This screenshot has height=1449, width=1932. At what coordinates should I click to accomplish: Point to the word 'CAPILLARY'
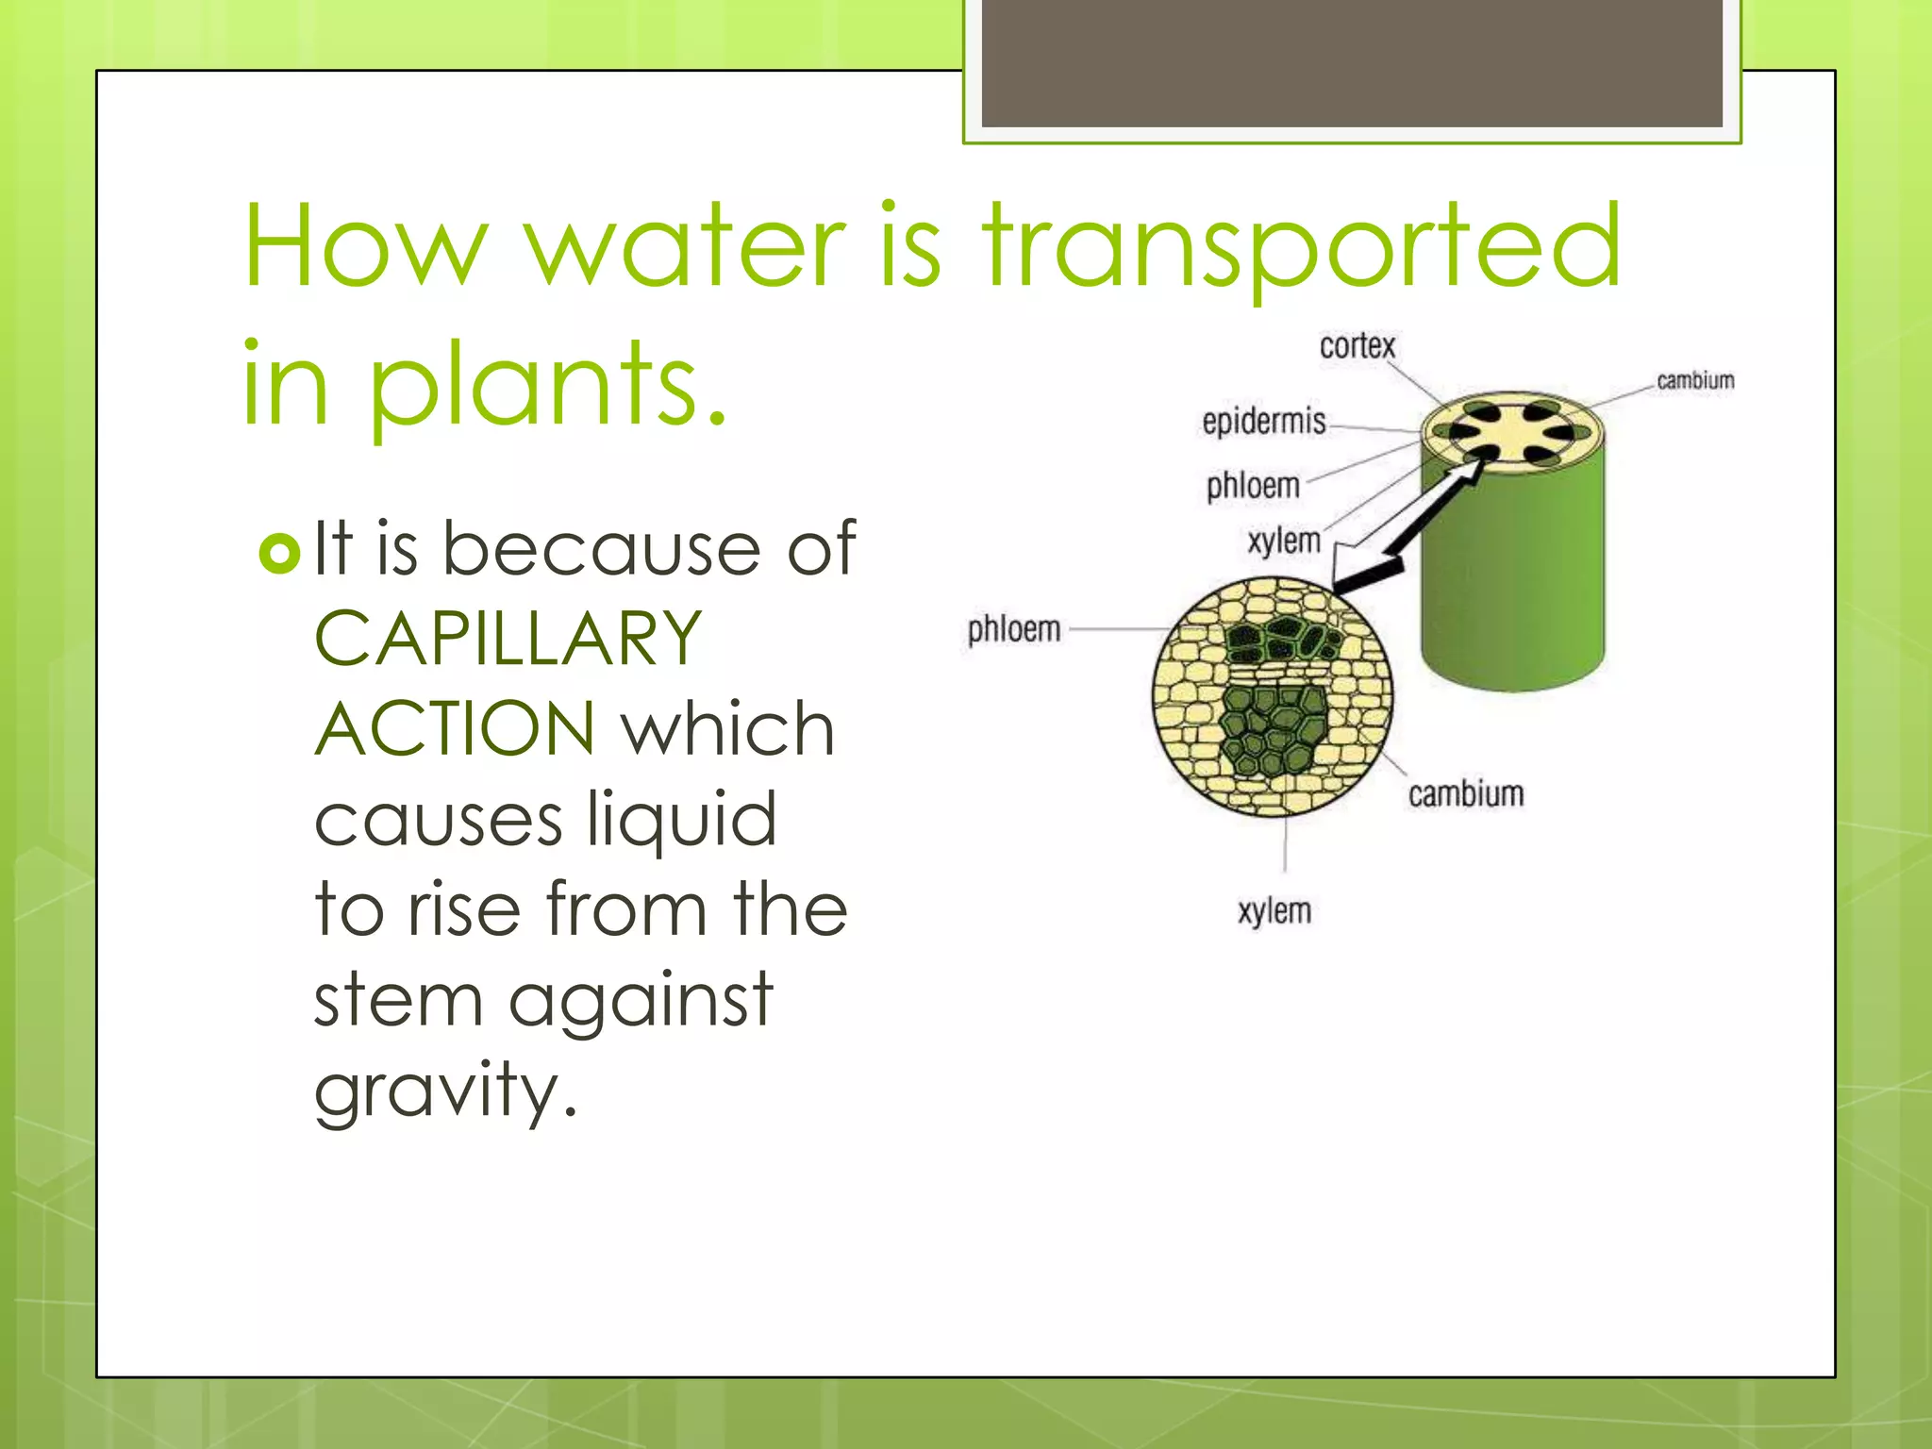508,639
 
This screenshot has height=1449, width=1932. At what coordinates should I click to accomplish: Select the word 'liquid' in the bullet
681,819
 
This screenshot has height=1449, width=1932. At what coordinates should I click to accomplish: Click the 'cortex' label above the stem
1357,346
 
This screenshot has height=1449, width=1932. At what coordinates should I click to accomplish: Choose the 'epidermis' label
1263,421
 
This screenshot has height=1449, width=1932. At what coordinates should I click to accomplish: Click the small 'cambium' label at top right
1695,380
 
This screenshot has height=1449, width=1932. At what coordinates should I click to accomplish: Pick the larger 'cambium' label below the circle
1466,794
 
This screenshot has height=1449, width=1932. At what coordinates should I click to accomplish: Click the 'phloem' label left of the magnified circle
1014,629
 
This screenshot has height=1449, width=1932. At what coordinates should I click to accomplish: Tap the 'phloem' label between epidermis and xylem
1253,486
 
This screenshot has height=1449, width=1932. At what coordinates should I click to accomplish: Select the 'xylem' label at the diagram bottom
1274,911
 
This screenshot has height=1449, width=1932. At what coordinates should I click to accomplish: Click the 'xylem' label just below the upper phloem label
1283,541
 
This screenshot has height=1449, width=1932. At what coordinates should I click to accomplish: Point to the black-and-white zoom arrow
1406,528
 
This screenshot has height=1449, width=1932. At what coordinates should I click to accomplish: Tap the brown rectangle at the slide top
1352,62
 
